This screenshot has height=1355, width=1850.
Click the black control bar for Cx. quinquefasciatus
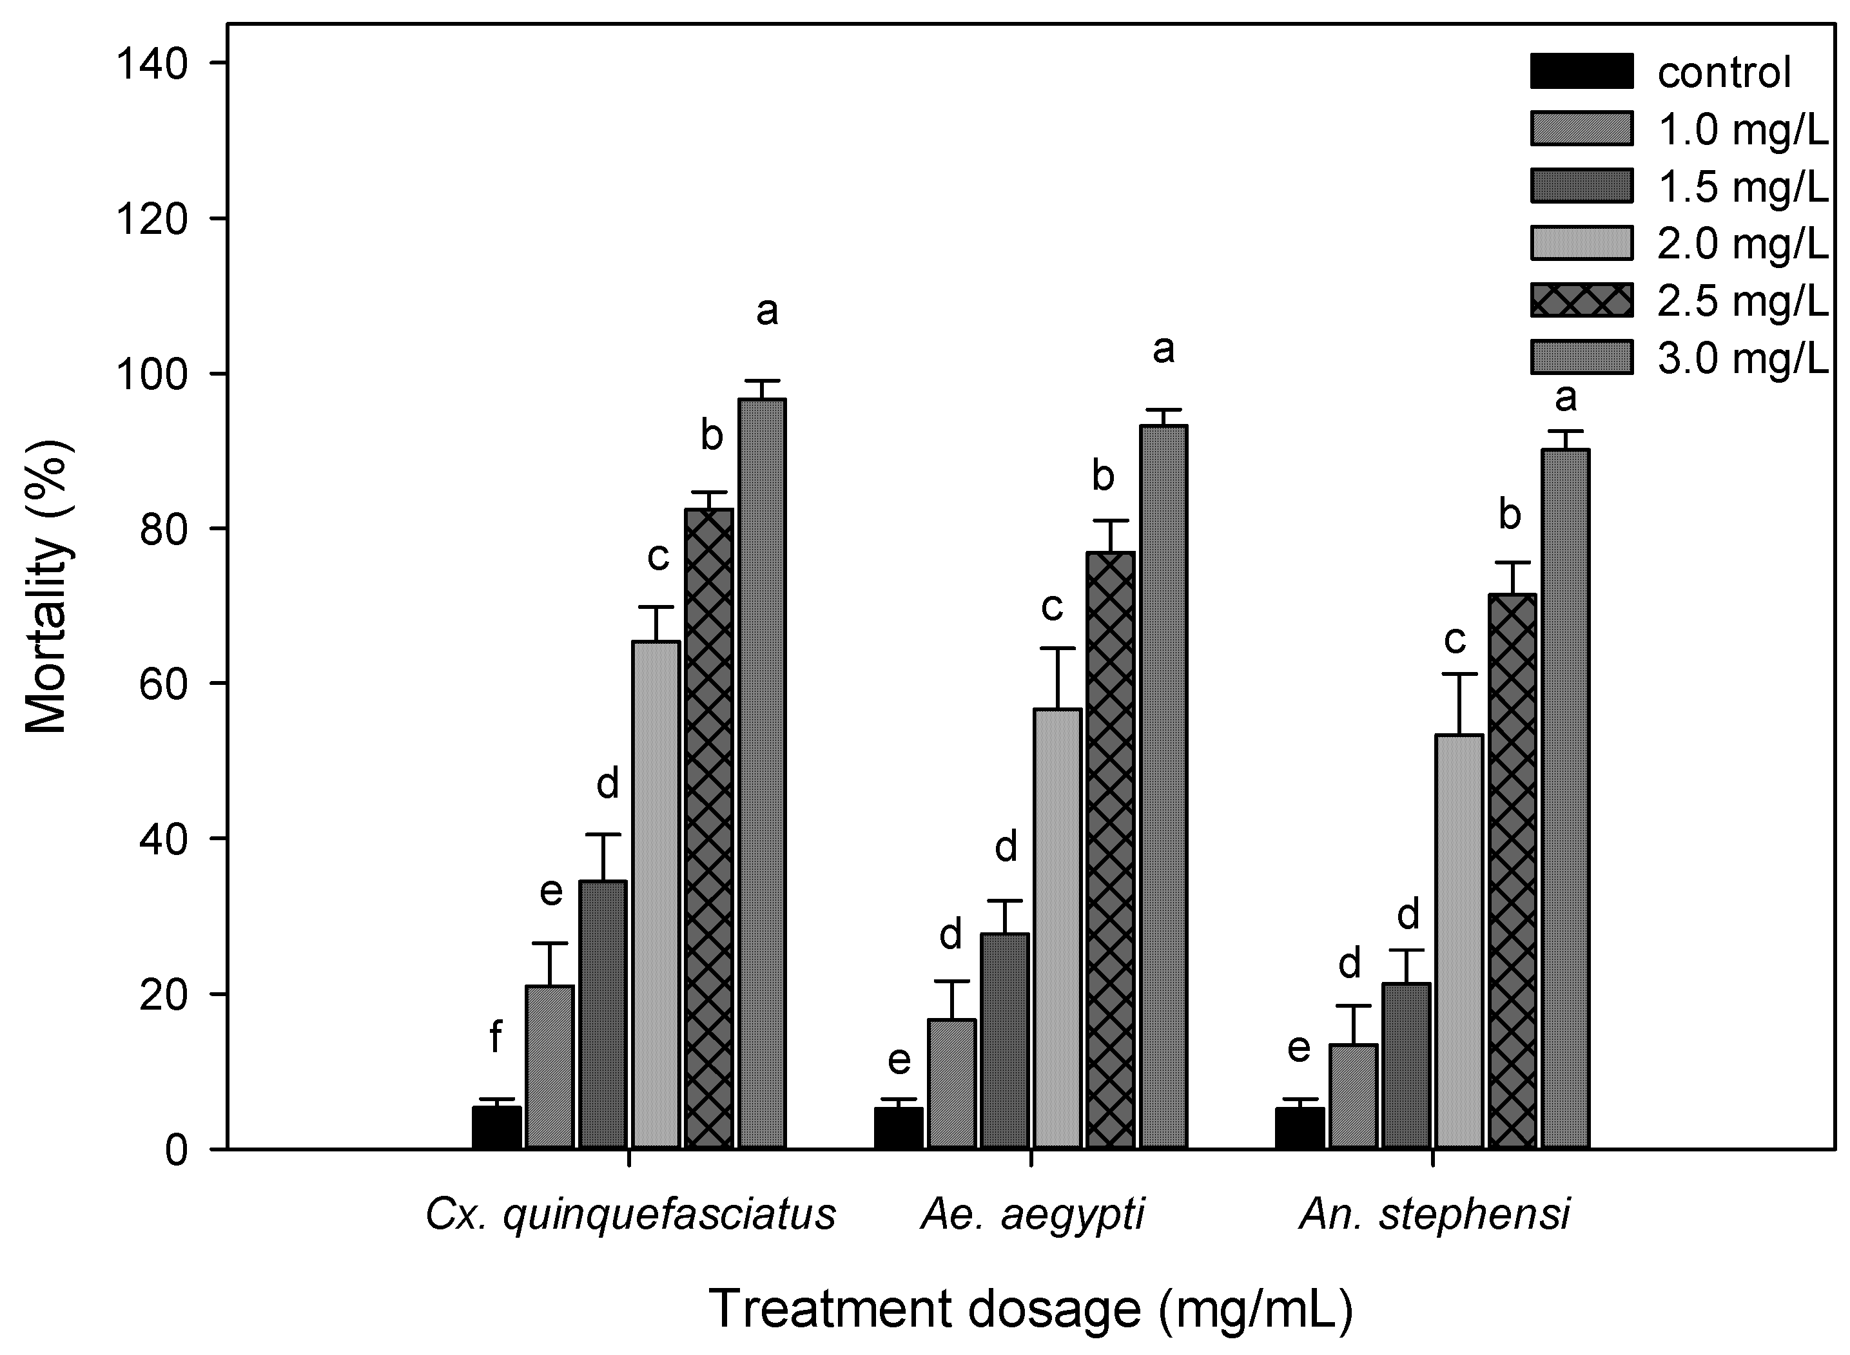[x=496, y=1128]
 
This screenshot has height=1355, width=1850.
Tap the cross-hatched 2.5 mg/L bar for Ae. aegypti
[x=1110, y=850]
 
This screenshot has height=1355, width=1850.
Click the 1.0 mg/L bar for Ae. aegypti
[x=951, y=1082]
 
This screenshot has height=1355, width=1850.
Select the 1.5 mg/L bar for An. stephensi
[x=1405, y=1066]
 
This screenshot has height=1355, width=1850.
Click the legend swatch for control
[x=1581, y=72]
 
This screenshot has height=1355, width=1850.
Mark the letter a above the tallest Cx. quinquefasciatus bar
[x=766, y=311]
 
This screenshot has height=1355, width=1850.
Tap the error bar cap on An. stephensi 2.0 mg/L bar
[x=1458, y=673]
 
